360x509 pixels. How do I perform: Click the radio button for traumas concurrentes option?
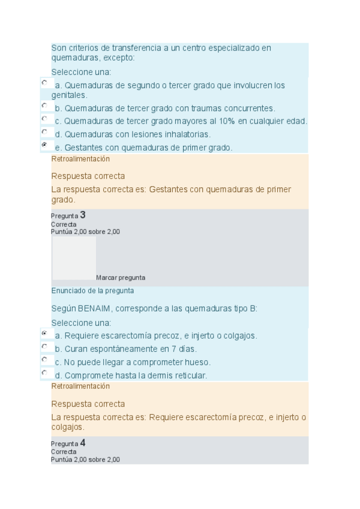tap(44, 105)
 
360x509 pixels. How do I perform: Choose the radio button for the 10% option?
tap(44, 118)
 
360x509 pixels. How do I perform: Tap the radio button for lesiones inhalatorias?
tap(44, 131)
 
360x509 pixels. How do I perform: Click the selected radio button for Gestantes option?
tap(44, 145)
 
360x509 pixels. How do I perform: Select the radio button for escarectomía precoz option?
tap(44, 333)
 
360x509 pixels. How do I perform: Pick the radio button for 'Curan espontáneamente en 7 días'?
tap(44, 346)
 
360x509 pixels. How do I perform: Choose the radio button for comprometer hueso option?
tap(44, 359)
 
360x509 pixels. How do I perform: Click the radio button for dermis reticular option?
tap(44, 372)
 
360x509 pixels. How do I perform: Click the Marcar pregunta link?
tap(120, 278)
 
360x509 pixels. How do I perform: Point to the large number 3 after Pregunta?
tap(83, 214)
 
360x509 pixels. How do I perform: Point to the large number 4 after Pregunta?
tap(83, 443)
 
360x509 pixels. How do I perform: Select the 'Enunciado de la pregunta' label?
tap(92, 291)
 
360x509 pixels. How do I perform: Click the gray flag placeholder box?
tap(74, 258)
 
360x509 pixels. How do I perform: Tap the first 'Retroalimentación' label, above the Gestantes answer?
tap(80, 159)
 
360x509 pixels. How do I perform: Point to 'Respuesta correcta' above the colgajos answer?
tap(88, 404)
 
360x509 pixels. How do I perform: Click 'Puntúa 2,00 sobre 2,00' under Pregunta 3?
tap(85, 232)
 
